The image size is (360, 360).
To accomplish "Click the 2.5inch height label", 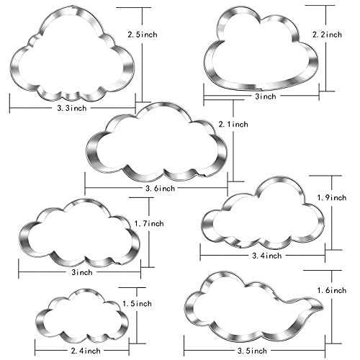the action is [143, 35].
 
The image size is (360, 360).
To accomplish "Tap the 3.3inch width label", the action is [72, 108].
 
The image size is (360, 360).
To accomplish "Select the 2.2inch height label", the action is [327, 35].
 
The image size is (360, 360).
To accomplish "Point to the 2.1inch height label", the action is [233, 125].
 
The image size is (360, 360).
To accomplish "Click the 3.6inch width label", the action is [160, 189].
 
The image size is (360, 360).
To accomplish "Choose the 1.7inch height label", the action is [149, 224].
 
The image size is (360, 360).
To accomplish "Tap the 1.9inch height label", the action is [331, 198].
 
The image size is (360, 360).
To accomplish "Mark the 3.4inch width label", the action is [266, 256].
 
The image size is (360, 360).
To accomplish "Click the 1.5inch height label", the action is [137, 304].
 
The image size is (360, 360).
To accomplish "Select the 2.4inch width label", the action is [86, 351].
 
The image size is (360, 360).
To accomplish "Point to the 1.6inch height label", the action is [332, 291].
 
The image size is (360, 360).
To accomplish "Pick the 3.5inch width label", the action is [252, 351].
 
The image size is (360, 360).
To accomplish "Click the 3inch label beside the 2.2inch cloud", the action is [266, 96].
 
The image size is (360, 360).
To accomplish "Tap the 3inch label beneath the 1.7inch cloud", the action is [82, 272].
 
